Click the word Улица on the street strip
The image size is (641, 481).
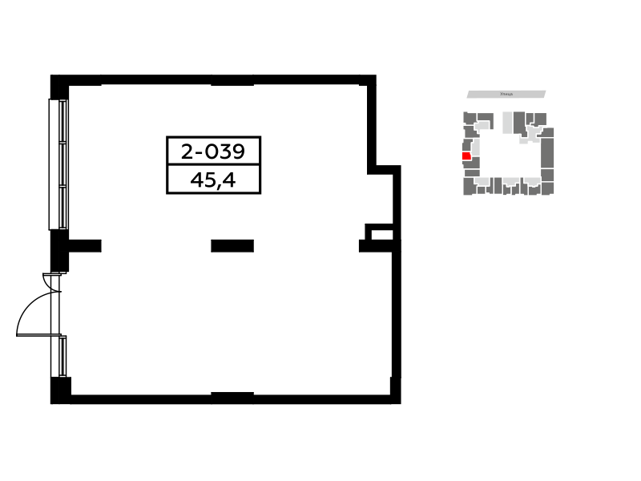[506, 95]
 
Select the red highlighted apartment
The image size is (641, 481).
[466, 156]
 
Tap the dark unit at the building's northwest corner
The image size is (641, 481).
[469, 118]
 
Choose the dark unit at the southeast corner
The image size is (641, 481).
[547, 189]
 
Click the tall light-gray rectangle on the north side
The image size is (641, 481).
[507, 123]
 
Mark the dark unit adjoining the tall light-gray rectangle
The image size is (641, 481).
[519, 122]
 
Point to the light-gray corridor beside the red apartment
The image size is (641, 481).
[476, 148]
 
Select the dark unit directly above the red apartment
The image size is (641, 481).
[466, 145]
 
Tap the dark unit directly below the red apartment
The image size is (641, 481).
[473, 164]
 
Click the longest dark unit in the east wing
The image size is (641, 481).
[547, 152]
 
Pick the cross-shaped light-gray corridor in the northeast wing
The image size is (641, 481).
[533, 132]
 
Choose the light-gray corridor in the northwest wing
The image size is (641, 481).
[482, 126]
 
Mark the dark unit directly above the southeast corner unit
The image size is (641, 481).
[547, 175]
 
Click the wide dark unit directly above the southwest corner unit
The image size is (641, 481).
[472, 173]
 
